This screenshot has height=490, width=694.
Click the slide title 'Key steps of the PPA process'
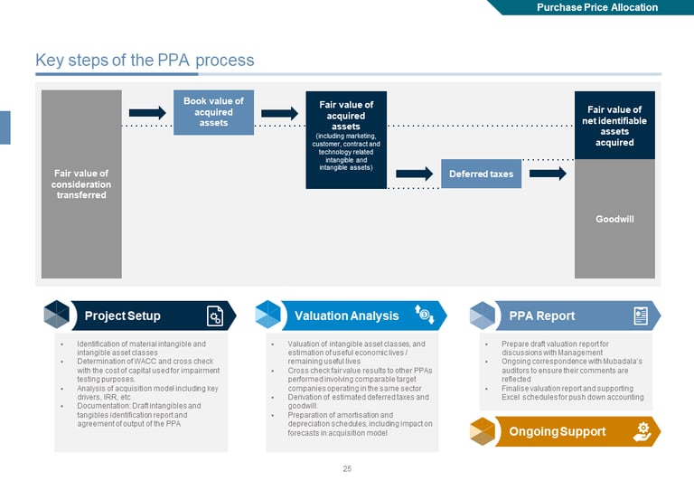point(145,61)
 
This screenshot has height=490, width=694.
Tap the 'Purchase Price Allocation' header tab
point(597,7)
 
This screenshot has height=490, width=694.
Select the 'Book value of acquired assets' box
point(213,112)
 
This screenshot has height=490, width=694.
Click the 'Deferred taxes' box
point(481,174)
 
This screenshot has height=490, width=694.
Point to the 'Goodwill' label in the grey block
point(614,219)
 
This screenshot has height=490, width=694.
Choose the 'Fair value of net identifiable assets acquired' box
point(614,126)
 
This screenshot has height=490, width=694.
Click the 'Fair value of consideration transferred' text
point(81,184)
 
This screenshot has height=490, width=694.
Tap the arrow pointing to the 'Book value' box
point(147,113)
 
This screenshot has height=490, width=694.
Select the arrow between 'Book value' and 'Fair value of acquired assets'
point(279,113)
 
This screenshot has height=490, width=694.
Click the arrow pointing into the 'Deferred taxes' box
point(415,173)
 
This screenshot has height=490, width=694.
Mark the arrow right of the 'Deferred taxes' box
point(548,173)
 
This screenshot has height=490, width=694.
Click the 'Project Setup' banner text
point(122,316)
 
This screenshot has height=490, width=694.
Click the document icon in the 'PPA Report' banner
point(641,316)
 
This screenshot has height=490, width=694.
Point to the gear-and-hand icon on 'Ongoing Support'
point(642,431)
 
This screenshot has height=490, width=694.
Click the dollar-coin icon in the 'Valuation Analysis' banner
point(425,315)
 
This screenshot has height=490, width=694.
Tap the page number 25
point(347,468)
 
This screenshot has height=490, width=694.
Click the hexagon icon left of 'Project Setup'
point(57,315)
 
